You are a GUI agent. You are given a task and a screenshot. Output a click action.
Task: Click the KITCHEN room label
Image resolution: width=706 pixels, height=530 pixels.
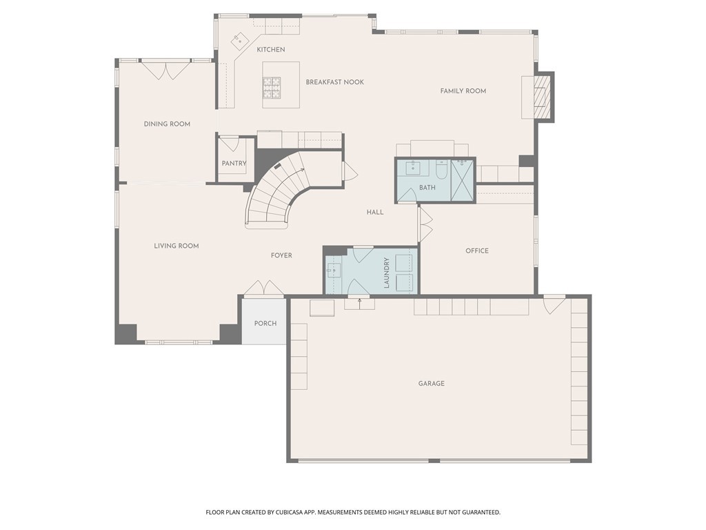click(x=271, y=50)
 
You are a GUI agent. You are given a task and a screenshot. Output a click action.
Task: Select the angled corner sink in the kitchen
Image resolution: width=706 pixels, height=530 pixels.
click(x=240, y=40)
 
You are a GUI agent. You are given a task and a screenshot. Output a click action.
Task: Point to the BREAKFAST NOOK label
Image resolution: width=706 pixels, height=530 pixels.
click(x=335, y=82)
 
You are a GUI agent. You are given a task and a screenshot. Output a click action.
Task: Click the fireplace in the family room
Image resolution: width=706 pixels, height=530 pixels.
click(x=543, y=97)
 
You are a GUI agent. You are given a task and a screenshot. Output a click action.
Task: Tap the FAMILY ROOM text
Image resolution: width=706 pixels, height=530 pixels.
click(x=463, y=91)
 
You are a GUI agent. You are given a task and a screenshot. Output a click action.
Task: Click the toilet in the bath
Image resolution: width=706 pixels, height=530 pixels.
click(x=441, y=169)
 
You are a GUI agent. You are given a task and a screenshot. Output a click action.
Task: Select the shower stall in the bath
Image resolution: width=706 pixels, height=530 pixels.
click(x=463, y=180)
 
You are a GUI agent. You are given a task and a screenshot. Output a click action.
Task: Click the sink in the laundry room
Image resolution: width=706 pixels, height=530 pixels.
click(x=334, y=270)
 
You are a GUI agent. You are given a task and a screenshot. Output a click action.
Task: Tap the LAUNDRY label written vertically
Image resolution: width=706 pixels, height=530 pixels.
click(x=387, y=273)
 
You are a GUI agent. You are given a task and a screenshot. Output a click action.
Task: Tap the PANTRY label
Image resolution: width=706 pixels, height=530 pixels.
click(x=234, y=164)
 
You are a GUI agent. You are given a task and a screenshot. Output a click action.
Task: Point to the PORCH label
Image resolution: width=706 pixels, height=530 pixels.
click(x=265, y=324)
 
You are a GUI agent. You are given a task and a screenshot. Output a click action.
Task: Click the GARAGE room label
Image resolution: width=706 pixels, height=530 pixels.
click(x=431, y=384)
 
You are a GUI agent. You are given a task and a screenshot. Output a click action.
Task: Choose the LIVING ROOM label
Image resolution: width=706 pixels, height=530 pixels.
click(x=176, y=246)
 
